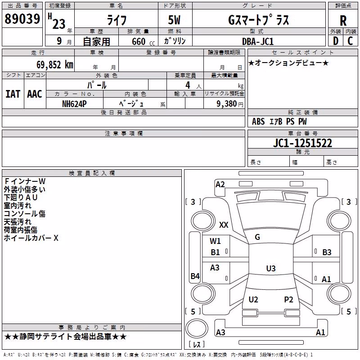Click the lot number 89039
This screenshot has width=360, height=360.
pos(22,19)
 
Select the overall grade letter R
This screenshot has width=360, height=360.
pos(343,20)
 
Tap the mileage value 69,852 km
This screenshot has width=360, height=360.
pos(55,64)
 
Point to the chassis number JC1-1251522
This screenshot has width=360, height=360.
pos(302,143)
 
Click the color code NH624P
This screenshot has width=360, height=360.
pos(74,104)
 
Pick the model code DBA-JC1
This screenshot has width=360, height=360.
pos(258,41)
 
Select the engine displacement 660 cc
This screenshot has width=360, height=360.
pos(143,41)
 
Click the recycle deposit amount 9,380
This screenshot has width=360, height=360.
pos(227,104)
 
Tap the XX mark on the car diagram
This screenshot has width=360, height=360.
pos(224,225)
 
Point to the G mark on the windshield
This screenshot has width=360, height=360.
pos(257,237)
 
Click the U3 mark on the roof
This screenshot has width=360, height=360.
pos(271,268)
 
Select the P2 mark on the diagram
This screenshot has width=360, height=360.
pos(288,299)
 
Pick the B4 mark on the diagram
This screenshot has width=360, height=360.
pos(195,276)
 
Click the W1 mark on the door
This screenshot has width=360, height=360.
pos(215,241)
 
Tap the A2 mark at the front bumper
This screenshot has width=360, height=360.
pos(220,184)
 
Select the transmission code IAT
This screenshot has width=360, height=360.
pos(13,94)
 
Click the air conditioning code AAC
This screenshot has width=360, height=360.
pos(35,94)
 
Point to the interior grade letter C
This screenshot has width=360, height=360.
pos(350,41)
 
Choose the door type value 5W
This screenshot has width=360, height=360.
pos(174,20)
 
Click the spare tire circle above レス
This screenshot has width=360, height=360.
pos(197,328)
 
